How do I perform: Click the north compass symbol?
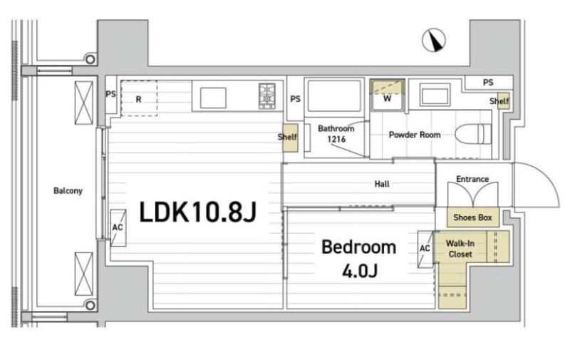(x=434, y=40)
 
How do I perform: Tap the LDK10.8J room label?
(x=198, y=212)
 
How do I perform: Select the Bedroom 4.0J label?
(x=359, y=258)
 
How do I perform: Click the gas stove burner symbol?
(x=267, y=96)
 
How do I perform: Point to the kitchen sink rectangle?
(x=213, y=98)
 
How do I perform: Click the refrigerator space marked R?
(x=139, y=98)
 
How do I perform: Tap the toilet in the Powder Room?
(x=473, y=134)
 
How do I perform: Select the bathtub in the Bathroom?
(x=334, y=96)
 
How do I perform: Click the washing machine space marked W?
(x=387, y=96)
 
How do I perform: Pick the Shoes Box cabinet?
(x=472, y=217)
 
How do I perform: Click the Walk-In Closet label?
(x=460, y=249)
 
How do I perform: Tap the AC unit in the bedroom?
(x=425, y=249)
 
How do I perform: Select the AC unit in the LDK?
(x=118, y=227)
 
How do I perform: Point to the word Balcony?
(x=68, y=190)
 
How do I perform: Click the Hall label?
(x=382, y=184)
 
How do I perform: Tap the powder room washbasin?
(x=435, y=95)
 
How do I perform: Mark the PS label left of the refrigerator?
(x=110, y=94)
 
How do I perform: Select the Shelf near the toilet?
(x=504, y=101)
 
